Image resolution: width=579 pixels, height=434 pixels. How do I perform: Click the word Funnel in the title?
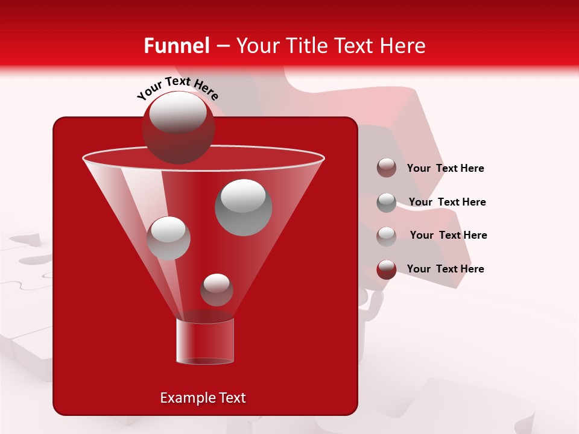[x=176, y=46]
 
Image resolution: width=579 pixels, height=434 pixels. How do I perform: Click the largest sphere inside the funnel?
[x=243, y=207]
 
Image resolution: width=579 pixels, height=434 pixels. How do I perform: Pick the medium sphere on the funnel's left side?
[x=168, y=238]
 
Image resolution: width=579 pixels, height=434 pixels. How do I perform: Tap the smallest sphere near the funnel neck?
[x=217, y=289]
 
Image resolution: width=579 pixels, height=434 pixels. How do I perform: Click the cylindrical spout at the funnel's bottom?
[x=205, y=341]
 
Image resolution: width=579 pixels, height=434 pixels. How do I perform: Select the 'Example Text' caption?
[x=203, y=398]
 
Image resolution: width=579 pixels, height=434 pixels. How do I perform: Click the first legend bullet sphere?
[x=386, y=168]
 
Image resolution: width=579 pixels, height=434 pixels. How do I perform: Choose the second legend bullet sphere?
[x=386, y=202]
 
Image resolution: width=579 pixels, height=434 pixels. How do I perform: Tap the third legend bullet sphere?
[x=386, y=236]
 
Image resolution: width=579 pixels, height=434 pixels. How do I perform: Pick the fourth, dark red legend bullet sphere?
[x=386, y=269]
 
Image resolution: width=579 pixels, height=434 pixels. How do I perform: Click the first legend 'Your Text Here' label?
[x=445, y=169]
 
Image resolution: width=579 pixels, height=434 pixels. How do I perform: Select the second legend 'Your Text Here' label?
[x=447, y=203]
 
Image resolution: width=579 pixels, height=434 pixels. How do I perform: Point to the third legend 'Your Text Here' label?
[x=448, y=236]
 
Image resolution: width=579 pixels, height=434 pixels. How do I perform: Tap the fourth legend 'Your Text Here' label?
[x=445, y=269]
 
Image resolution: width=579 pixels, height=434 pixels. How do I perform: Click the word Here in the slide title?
[x=402, y=46]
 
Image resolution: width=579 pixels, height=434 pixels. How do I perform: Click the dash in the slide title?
[x=222, y=46]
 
